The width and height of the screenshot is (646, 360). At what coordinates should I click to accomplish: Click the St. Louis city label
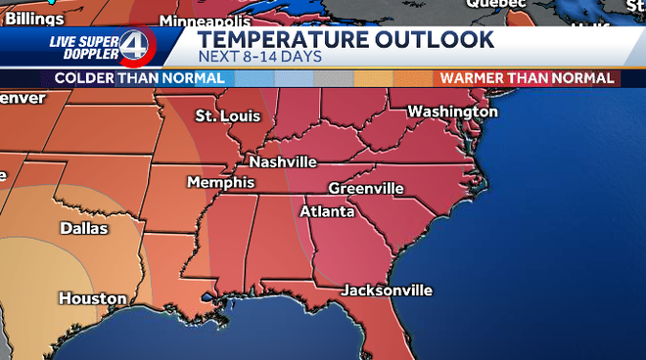pyautogui.click(x=228, y=116)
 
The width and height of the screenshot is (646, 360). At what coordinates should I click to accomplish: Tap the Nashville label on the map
pyautogui.click(x=283, y=161)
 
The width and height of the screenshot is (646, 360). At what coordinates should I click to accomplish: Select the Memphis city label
pyautogui.click(x=220, y=183)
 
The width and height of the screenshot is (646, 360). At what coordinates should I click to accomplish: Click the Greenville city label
pyautogui.click(x=366, y=188)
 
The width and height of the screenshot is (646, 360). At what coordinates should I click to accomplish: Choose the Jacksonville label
pyautogui.click(x=387, y=291)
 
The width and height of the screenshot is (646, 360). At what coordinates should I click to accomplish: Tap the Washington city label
pyautogui.click(x=452, y=112)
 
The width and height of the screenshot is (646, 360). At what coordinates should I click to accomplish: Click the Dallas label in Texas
pyautogui.click(x=84, y=228)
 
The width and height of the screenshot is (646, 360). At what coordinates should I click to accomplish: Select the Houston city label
pyautogui.click(x=92, y=298)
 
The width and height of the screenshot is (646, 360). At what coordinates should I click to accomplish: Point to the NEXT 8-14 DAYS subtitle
pyautogui.click(x=260, y=56)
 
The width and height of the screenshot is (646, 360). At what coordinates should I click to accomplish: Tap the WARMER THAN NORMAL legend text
pyautogui.click(x=527, y=77)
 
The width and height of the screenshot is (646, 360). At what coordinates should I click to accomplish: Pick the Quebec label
pyautogui.click(x=488, y=4)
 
